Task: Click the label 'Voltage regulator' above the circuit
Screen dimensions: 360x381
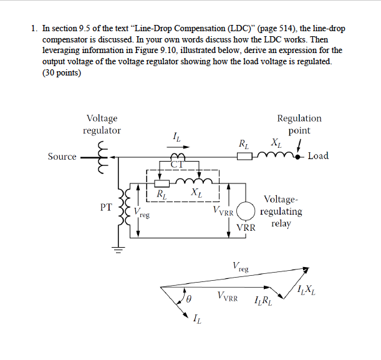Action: click(102, 124)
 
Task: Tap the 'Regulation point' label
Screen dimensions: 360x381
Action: click(299, 124)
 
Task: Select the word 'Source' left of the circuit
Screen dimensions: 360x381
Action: click(62, 156)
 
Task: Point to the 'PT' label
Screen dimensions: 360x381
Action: click(105, 207)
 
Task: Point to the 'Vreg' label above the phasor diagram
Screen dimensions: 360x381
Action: click(240, 267)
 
